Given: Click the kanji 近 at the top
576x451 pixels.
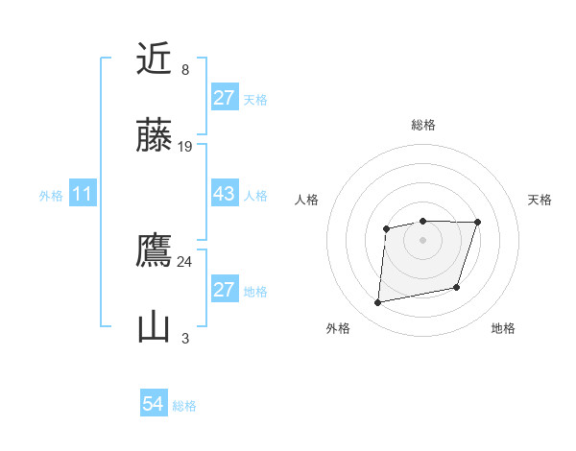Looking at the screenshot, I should pyautogui.click(x=155, y=59).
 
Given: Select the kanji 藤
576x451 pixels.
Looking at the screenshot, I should pyautogui.click(x=155, y=136).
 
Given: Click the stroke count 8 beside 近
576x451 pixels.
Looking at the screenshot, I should pyautogui.click(x=185, y=70).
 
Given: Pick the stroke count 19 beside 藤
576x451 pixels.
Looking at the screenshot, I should pyautogui.click(x=185, y=147).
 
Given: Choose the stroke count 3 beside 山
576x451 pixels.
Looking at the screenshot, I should pyautogui.click(x=185, y=339).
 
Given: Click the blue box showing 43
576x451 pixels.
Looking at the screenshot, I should pyautogui.click(x=224, y=194).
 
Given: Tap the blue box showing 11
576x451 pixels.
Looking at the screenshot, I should pyautogui.click(x=82, y=194).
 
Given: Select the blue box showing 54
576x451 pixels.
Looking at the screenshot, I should pyautogui.click(x=153, y=405).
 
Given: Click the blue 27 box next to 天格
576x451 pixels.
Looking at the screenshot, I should pyautogui.click(x=224, y=98).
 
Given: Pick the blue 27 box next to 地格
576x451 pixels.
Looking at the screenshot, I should pyautogui.click(x=224, y=290).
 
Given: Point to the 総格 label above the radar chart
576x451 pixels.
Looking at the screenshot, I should pyautogui.click(x=422, y=125).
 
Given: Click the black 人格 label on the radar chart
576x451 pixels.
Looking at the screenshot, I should pyautogui.click(x=307, y=200).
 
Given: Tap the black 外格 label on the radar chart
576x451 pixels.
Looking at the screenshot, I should pyautogui.click(x=338, y=328).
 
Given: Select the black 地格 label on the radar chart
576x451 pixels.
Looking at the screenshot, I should pyautogui.click(x=503, y=328).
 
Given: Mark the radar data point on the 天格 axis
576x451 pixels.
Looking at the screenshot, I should pyautogui.click(x=477, y=223).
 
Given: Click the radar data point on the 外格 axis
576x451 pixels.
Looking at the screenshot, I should pyautogui.click(x=378, y=303).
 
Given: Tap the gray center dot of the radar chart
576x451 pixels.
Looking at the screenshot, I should pyautogui.click(x=422, y=240).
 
